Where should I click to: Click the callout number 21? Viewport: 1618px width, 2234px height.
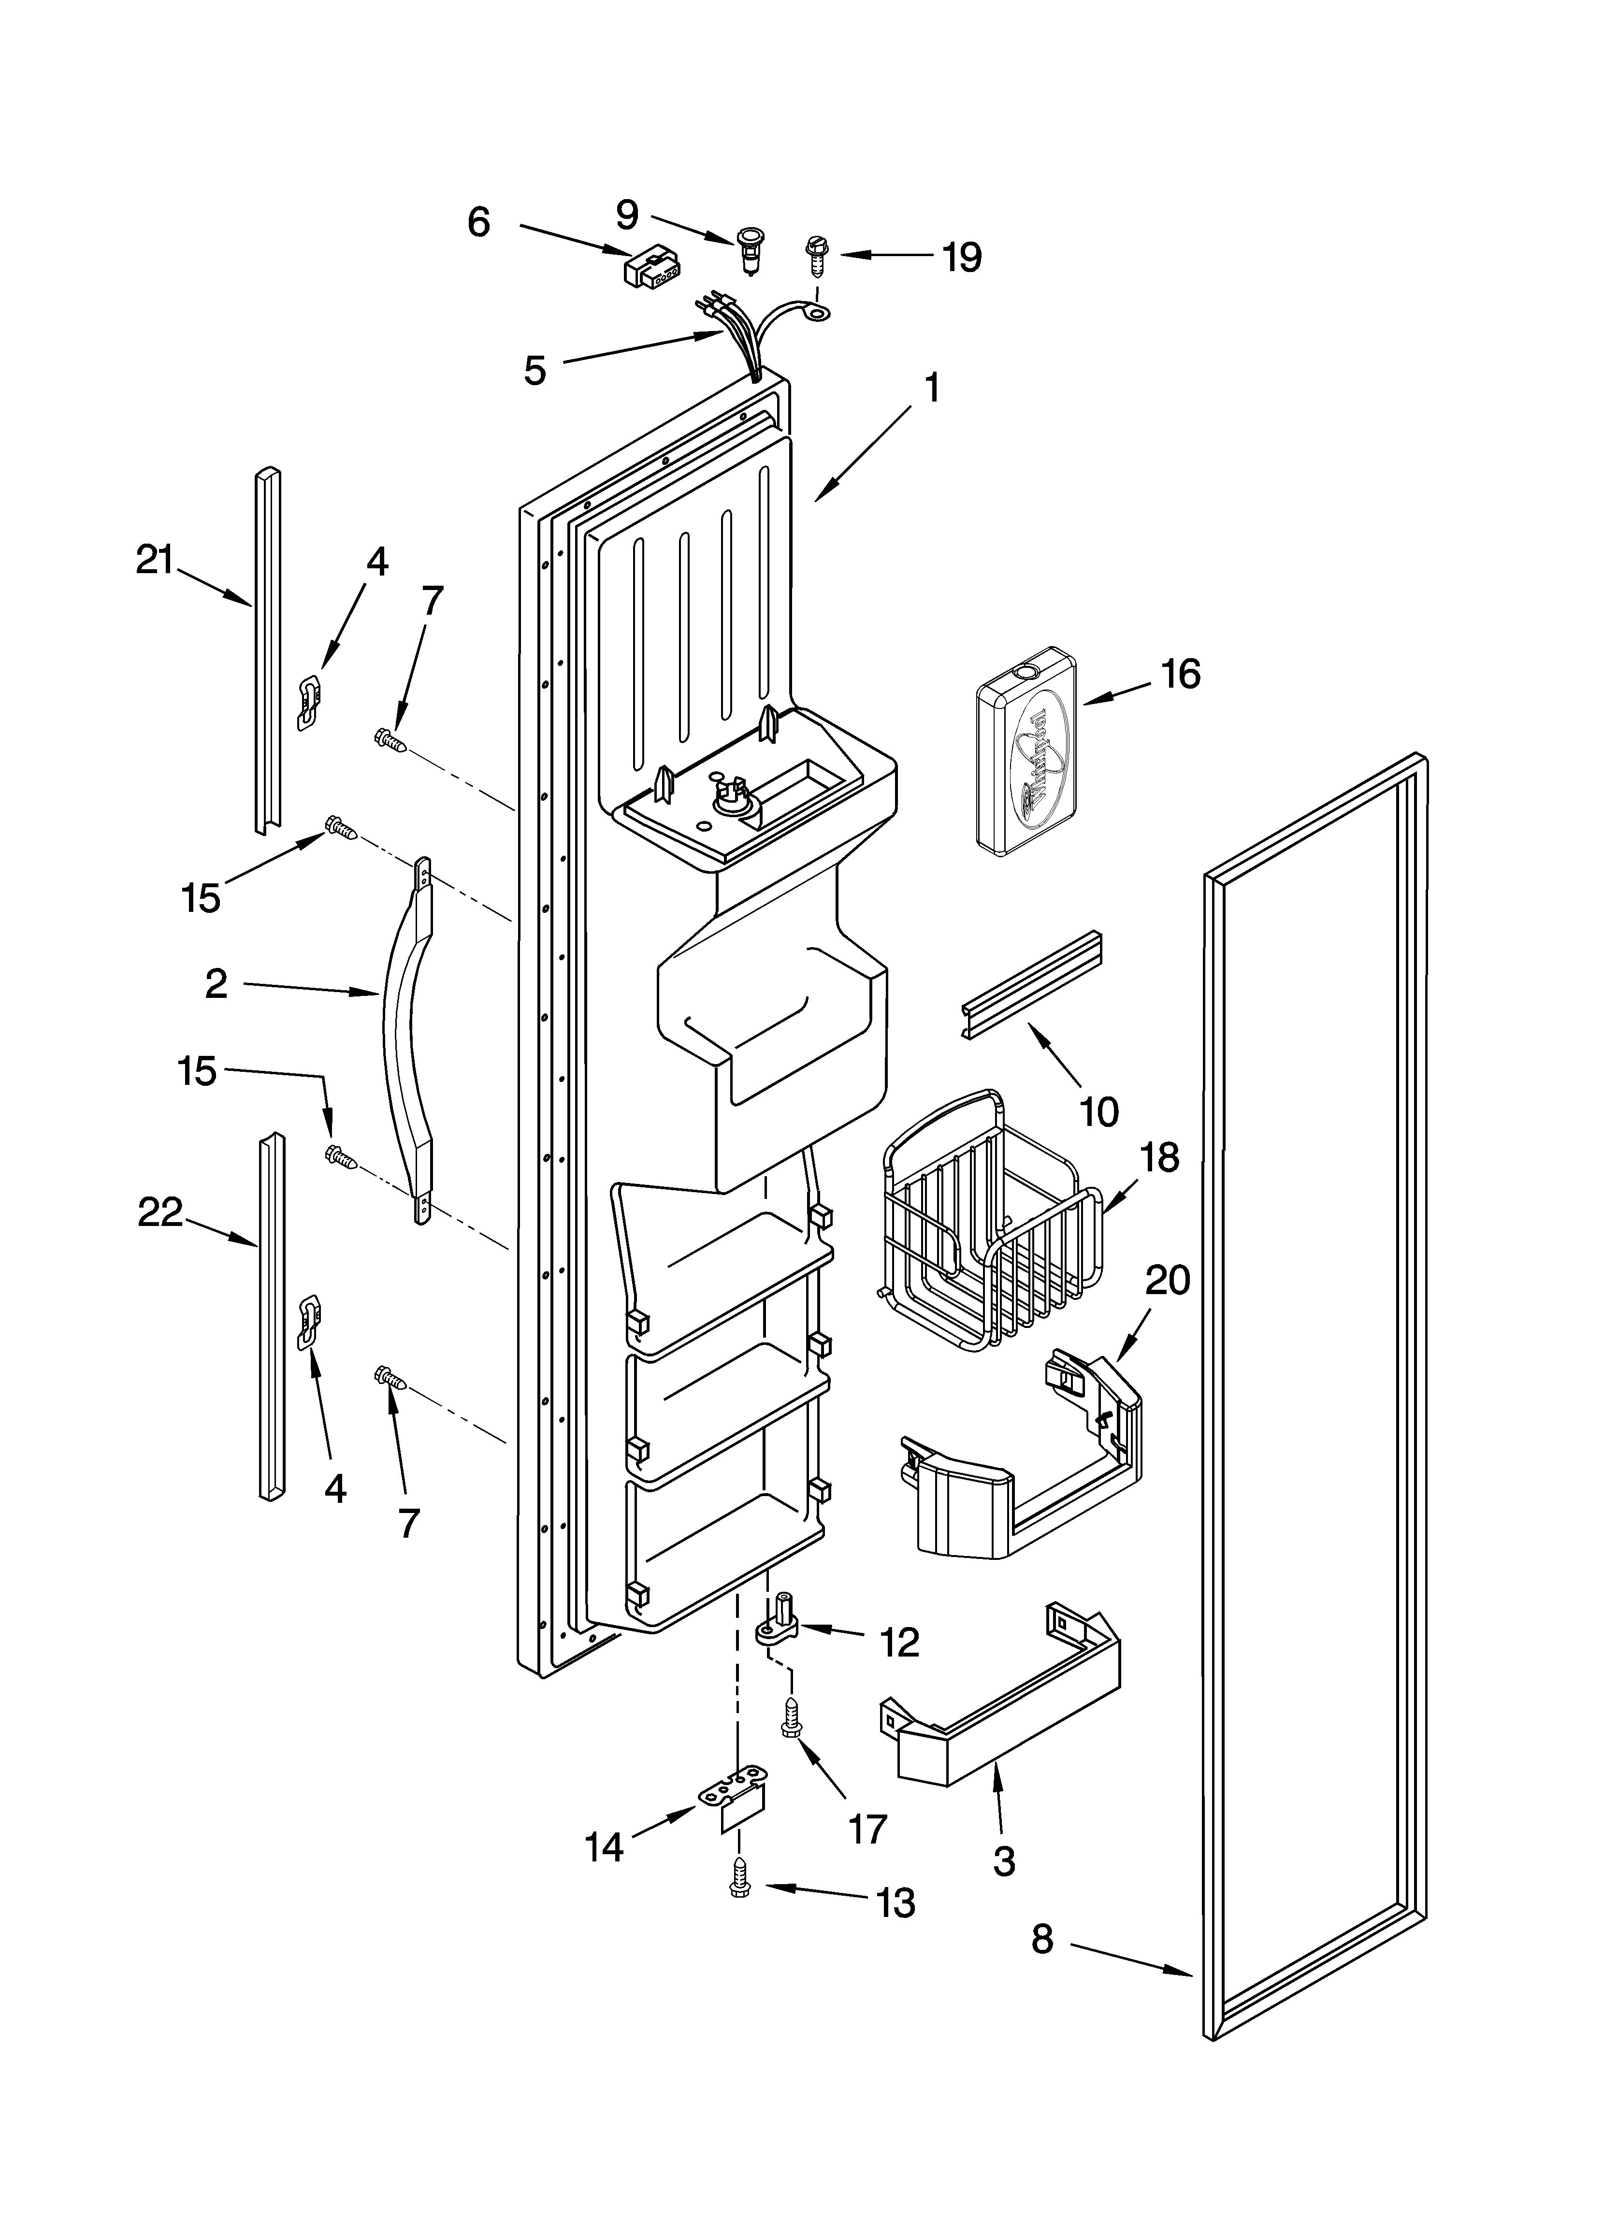point(155,562)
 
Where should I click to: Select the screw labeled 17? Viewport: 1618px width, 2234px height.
point(789,1718)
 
